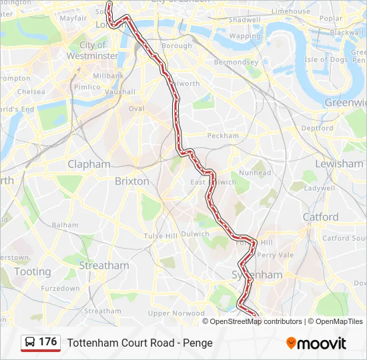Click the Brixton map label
click(x=132, y=181)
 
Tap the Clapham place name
click(x=89, y=163)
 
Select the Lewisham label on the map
click(x=339, y=163)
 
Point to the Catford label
click(x=320, y=217)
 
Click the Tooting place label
click(x=32, y=271)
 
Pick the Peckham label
click(x=223, y=135)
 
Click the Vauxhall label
click(x=120, y=92)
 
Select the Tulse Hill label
click(x=160, y=236)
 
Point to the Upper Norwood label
click(x=176, y=313)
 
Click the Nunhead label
click(x=255, y=173)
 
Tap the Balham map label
click(x=65, y=225)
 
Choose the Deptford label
click(x=317, y=128)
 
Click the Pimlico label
click(x=87, y=87)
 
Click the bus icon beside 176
click(x=30, y=343)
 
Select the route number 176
click(x=48, y=342)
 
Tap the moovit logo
click(x=316, y=343)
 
